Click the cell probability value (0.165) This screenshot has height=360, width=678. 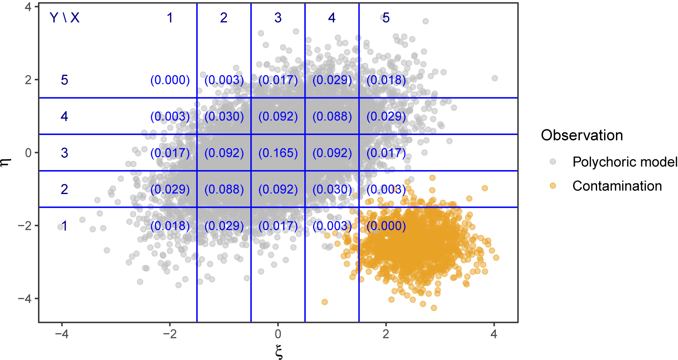(x=278, y=153)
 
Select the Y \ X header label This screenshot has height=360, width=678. (x=64, y=18)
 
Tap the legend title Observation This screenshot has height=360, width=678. (x=581, y=135)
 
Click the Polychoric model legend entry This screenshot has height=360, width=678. (x=624, y=162)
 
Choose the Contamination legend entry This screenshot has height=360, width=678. (x=617, y=186)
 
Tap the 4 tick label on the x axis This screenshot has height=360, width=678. (x=494, y=334)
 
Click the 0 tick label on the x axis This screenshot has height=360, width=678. (x=278, y=334)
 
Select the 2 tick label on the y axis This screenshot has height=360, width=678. (x=28, y=80)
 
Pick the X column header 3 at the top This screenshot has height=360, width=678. (x=278, y=18)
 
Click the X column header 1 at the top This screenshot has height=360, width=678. (x=170, y=18)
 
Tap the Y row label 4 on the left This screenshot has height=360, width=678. (x=64, y=116)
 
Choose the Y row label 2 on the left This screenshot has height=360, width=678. (x=64, y=189)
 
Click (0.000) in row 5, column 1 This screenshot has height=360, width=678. (x=170, y=80)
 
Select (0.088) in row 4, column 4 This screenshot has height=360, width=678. (x=332, y=116)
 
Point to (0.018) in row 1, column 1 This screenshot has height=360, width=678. (x=170, y=226)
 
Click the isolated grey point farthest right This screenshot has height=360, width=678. (x=495, y=78)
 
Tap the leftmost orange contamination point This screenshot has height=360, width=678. (x=325, y=302)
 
